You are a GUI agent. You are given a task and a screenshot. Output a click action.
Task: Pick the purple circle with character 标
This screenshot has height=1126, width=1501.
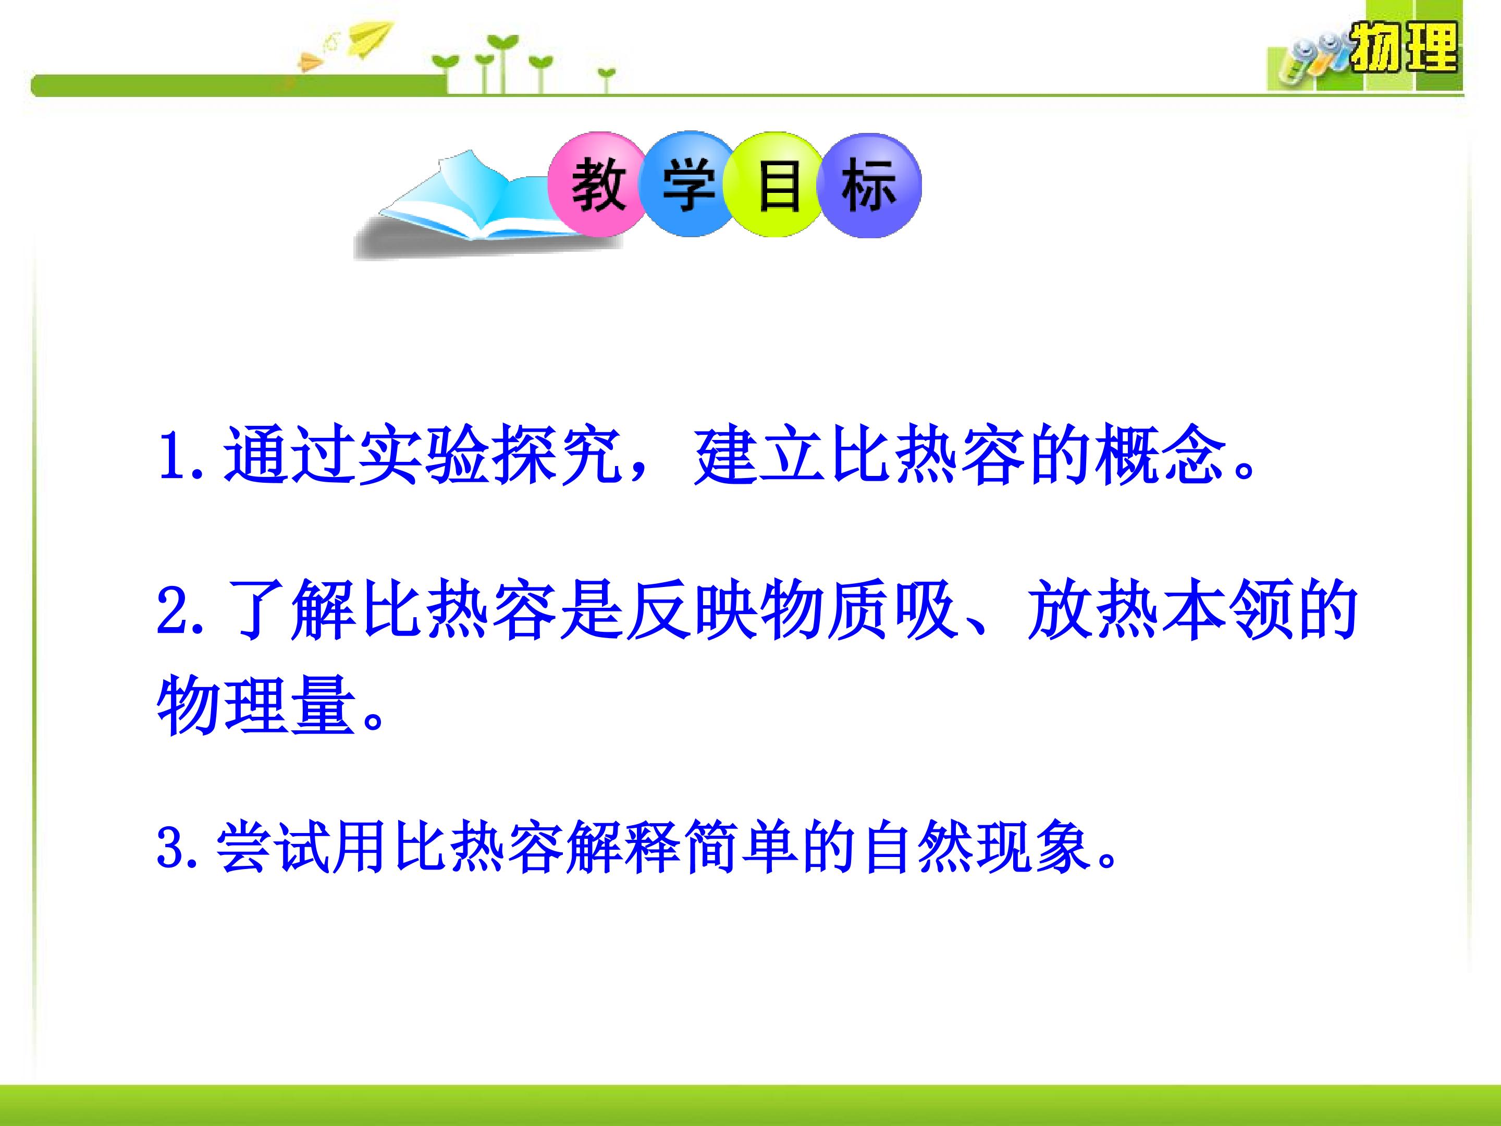(x=869, y=185)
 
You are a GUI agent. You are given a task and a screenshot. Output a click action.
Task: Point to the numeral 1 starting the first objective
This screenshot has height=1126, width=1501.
(x=170, y=456)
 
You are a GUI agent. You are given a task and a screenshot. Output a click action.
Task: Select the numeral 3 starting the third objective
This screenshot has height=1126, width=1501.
(x=171, y=848)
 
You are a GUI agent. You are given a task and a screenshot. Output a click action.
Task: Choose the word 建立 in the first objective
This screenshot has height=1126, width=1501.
(x=759, y=456)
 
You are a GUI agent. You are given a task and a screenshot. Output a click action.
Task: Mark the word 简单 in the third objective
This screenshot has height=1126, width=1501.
(x=741, y=848)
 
